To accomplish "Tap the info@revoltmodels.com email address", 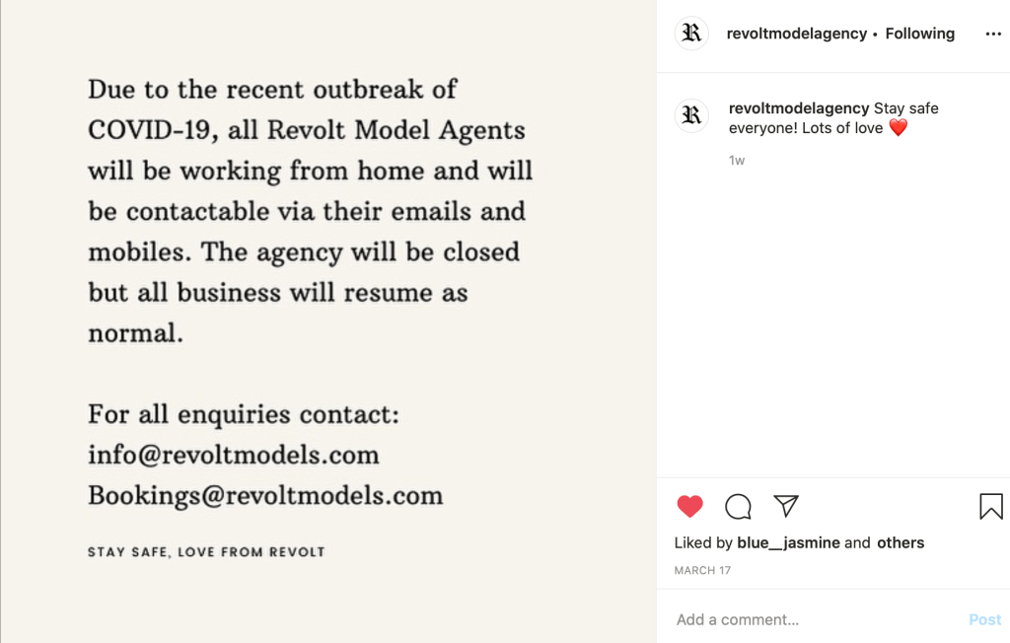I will pos(234,455).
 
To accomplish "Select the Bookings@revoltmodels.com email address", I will pos(265,495).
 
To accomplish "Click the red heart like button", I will pos(690,507).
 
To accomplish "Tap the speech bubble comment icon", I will pos(738,507).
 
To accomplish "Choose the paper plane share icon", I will pos(786,506).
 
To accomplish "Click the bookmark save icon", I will pos(990,507).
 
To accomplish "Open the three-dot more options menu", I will pos(992,34).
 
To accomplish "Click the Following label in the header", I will pos(919,34).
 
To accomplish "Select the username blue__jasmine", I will pos(788,542).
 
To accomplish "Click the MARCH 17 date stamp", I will pos(703,570).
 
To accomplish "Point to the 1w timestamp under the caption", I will pos(737,160).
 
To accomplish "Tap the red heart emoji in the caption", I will pos(898,127).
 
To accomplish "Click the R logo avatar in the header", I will pos(691,34).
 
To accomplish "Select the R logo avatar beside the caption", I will pos(691,115).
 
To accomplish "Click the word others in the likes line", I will pos(900,542).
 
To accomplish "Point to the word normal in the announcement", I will pos(135,333).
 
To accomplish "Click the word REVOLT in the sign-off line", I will pos(297,552).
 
